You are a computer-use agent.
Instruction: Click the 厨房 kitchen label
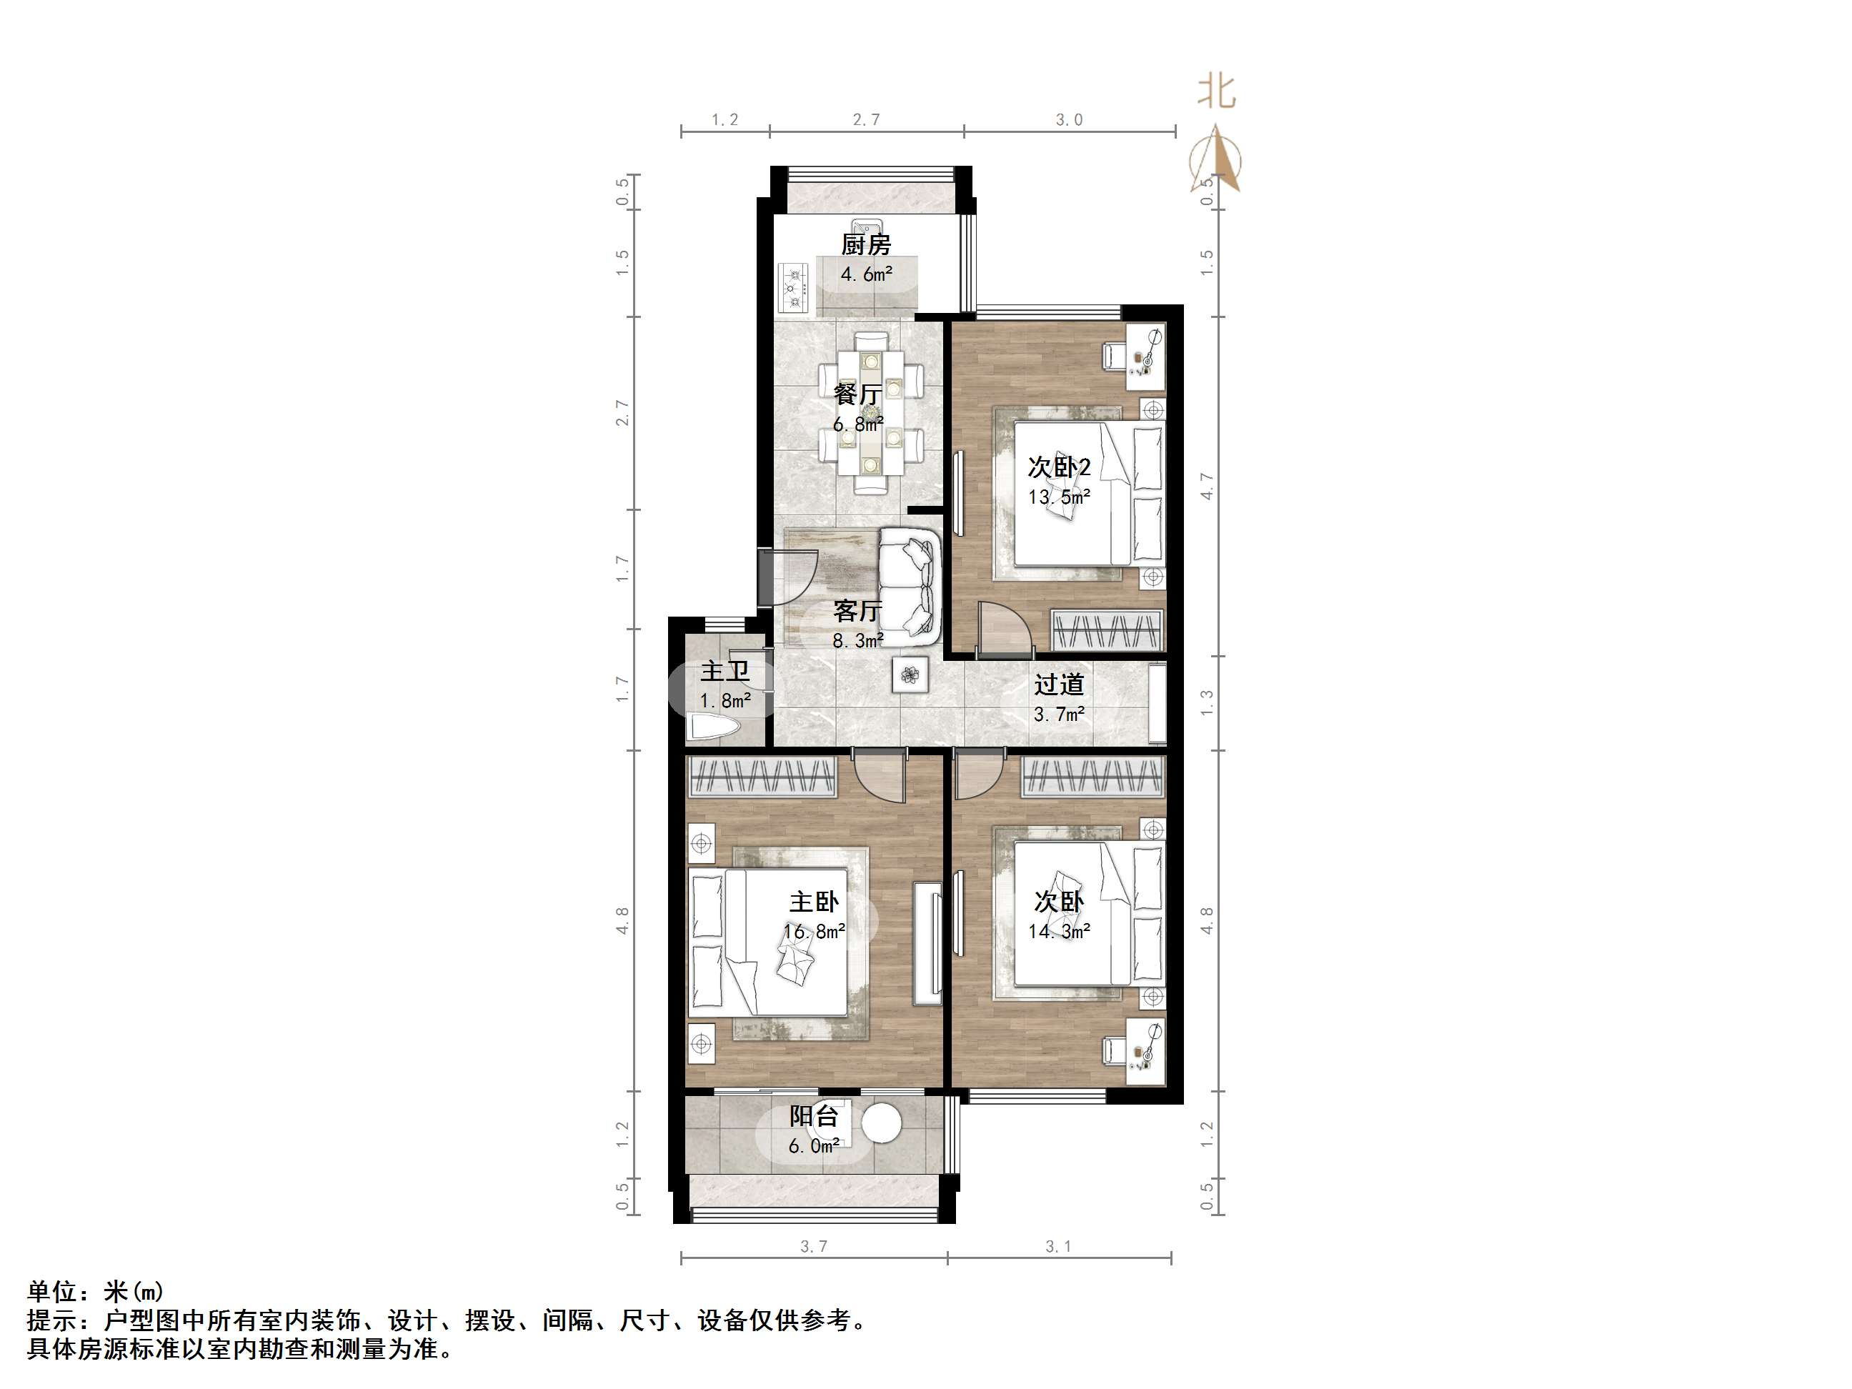coord(866,244)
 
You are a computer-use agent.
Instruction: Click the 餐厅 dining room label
coord(857,394)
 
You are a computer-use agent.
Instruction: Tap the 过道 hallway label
coord(1058,685)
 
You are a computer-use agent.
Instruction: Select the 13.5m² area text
coord(1059,497)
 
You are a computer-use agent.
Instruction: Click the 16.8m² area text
coord(813,931)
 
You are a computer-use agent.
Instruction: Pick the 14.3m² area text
coord(1059,930)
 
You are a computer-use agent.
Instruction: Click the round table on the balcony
coord(881,1122)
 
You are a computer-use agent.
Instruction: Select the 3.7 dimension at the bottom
coord(813,1247)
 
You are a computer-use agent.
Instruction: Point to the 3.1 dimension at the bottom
coord(1058,1247)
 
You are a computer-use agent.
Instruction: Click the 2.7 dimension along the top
coord(866,120)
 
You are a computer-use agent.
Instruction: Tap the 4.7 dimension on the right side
coord(1207,486)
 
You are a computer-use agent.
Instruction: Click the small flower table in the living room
coord(910,674)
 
